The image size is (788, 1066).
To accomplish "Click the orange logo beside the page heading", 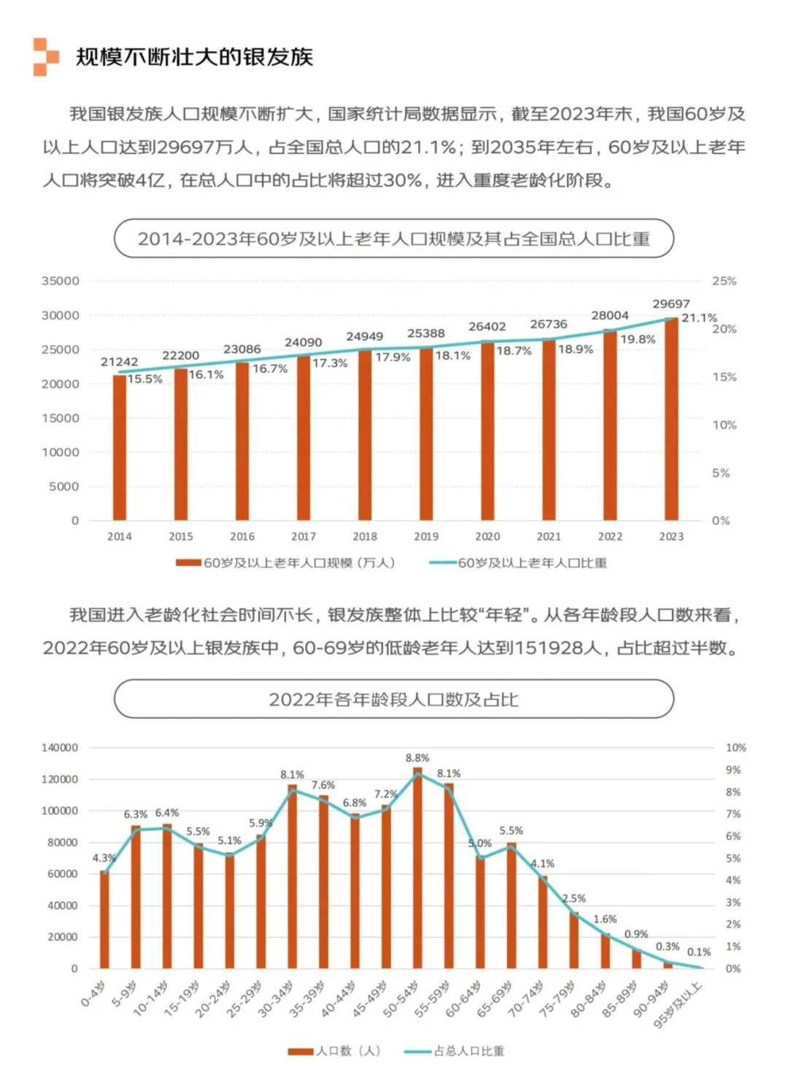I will coord(45,56).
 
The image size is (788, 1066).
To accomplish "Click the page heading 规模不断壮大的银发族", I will coord(194,57).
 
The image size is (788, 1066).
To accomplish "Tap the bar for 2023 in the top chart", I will coord(671,420).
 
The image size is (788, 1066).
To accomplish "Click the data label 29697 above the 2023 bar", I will coord(671,304).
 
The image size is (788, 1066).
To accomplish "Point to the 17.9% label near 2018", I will coord(393,357).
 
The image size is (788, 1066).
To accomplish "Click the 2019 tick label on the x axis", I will coord(426,536).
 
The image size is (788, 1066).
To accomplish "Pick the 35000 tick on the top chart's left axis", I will coord(61,281).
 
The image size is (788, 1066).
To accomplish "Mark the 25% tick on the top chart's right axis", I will coord(724,281).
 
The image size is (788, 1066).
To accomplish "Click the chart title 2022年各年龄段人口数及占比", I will coord(393,699).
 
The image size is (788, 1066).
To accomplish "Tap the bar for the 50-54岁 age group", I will coord(417,868).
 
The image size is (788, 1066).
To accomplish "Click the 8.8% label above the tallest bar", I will coord(417,758).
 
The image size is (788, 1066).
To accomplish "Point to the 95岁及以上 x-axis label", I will coord(679,1005).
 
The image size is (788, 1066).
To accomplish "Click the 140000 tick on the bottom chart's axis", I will coord(59,748).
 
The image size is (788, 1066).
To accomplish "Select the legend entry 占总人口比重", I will coord(468,1051).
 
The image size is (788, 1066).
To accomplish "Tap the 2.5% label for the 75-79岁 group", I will coord(573,898).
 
